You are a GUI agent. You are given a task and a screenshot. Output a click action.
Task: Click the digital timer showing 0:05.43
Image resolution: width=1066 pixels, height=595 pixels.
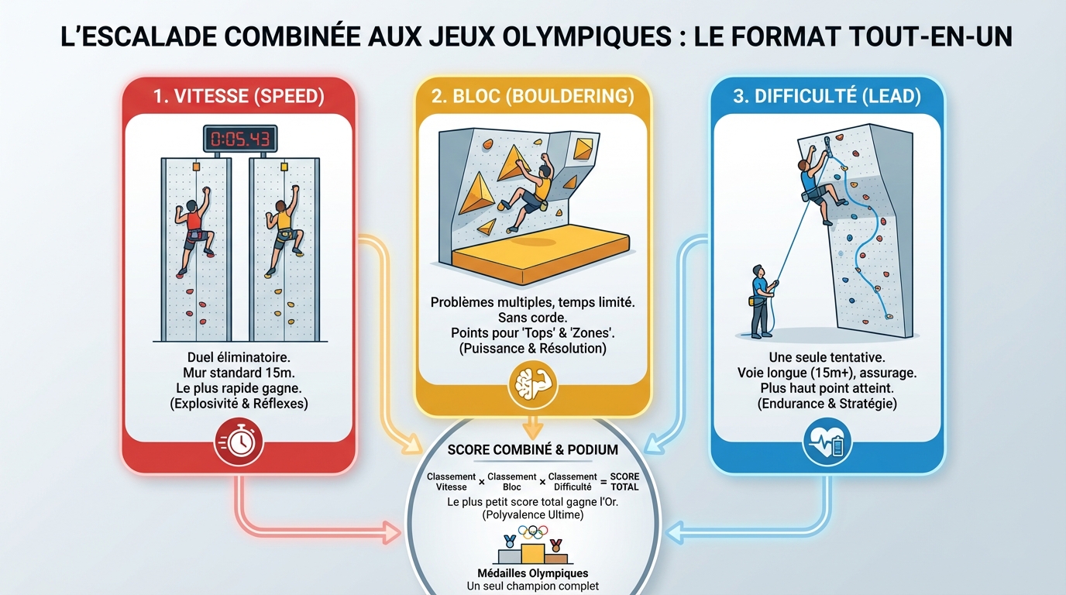tap(239, 139)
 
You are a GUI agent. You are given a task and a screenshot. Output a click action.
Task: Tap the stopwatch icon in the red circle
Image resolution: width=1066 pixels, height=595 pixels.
tap(239, 442)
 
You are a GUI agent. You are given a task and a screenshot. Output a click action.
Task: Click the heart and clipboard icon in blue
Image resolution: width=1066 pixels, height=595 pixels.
tap(827, 442)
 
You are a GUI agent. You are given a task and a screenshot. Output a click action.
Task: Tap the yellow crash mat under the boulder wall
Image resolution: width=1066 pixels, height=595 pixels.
tap(542, 252)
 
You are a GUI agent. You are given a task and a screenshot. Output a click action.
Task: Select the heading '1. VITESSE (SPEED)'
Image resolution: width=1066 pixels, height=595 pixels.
tap(239, 96)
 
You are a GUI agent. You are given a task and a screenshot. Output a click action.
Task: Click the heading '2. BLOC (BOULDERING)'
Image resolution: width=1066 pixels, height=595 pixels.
tap(532, 96)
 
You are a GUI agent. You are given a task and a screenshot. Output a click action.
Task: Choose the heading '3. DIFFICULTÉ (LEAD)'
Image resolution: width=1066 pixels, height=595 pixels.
tap(827, 96)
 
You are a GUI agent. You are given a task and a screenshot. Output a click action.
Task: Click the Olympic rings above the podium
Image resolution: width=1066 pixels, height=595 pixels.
tap(532, 532)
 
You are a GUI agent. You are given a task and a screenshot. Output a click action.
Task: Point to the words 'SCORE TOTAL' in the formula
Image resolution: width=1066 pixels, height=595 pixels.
tap(624, 481)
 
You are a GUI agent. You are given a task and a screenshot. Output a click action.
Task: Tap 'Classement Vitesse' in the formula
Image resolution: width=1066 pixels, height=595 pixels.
tap(451, 481)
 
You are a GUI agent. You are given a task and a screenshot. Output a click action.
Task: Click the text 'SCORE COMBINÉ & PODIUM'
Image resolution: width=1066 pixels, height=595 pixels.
tap(532, 450)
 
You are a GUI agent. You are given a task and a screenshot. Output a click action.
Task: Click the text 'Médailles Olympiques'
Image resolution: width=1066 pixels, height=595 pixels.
tap(532, 574)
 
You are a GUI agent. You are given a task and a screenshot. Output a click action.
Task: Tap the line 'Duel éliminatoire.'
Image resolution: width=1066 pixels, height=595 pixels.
tap(239, 359)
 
